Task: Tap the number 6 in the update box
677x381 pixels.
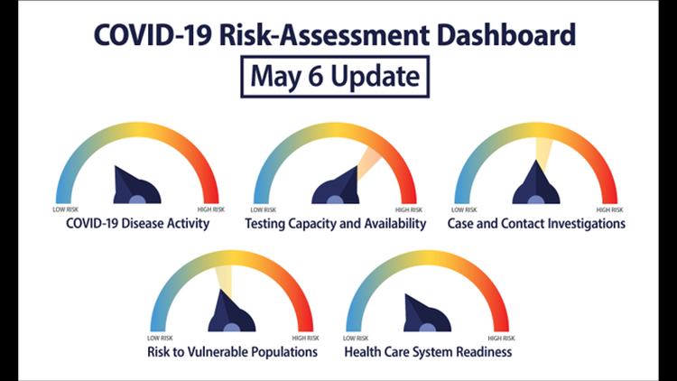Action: [x=315, y=77]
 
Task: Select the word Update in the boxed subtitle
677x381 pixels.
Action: [x=376, y=78]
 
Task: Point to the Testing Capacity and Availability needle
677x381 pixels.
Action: [x=336, y=185]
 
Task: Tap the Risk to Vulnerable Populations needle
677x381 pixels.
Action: [x=231, y=311]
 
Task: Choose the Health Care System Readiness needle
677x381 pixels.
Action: [x=427, y=312]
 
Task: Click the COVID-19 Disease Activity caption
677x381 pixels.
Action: [x=138, y=223]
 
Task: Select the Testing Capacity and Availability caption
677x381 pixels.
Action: [x=336, y=224]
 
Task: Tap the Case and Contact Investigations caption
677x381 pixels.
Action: [x=536, y=224]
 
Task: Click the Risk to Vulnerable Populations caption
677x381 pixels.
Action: [x=232, y=352]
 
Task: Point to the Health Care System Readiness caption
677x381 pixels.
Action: [x=428, y=352]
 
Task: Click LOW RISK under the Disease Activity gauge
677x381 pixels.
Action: [x=66, y=209]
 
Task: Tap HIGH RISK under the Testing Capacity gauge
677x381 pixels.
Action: [x=409, y=210]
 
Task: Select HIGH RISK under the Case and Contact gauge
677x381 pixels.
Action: [x=609, y=210]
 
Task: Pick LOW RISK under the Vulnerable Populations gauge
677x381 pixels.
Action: [x=160, y=338]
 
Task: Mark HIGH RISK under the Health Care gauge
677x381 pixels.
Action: [x=501, y=338]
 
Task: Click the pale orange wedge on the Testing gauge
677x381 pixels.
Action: [x=368, y=163]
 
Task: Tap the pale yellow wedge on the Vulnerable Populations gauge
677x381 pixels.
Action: [x=225, y=281]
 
